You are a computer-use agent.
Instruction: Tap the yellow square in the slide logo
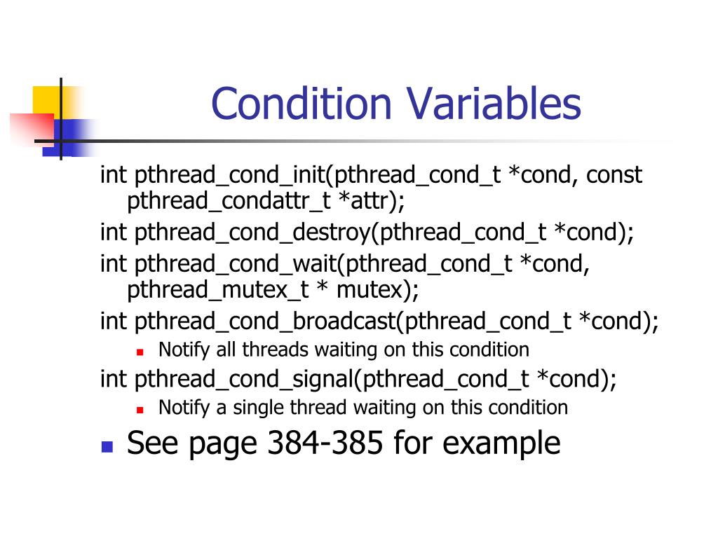click(x=46, y=99)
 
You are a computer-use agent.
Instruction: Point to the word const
click(x=614, y=174)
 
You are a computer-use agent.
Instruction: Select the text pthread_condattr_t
click(x=229, y=202)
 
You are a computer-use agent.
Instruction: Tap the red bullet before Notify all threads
click(x=140, y=350)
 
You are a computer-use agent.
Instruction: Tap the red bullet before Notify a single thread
click(x=140, y=408)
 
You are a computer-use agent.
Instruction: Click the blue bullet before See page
click(x=107, y=446)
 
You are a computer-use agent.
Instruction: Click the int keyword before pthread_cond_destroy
click(x=112, y=232)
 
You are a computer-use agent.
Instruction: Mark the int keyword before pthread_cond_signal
click(x=112, y=379)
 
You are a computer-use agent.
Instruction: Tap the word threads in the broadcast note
click(x=274, y=349)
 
